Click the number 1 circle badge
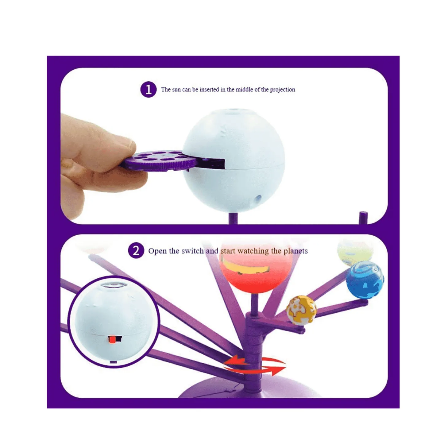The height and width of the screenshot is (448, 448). (x=149, y=89)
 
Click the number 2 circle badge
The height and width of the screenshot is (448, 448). (x=136, y=251)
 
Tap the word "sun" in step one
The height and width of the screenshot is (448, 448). (x=176, y=90)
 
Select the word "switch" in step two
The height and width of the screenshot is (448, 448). (x=192, y=251)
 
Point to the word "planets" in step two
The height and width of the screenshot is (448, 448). (x=295, y=251)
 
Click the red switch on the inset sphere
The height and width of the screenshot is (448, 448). (x=113, y=339)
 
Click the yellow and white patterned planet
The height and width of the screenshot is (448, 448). (x=301, y=310)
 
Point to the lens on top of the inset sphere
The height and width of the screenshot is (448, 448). (x=114, y=285)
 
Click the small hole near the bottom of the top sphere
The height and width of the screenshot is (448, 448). (x=258, y=199)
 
